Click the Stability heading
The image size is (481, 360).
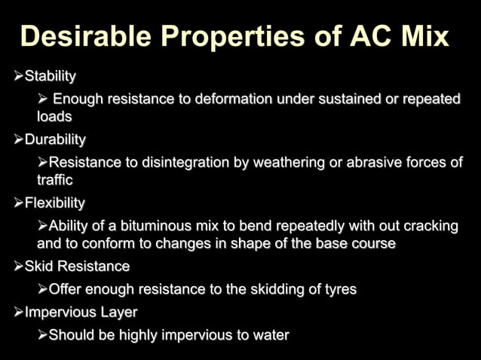[51, 76]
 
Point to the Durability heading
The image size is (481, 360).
[55, 139]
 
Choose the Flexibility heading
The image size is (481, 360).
[55, 203]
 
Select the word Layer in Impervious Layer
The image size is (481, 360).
[119, 312]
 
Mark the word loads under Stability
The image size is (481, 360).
[54, 117]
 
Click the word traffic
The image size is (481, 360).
[55, 180]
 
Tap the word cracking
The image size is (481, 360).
[430, 227]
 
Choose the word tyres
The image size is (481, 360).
[338, 289]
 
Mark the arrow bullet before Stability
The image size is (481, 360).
[19, 76]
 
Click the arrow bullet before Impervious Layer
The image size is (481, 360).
[19, 312]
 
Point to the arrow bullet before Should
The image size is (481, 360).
[42, 335]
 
